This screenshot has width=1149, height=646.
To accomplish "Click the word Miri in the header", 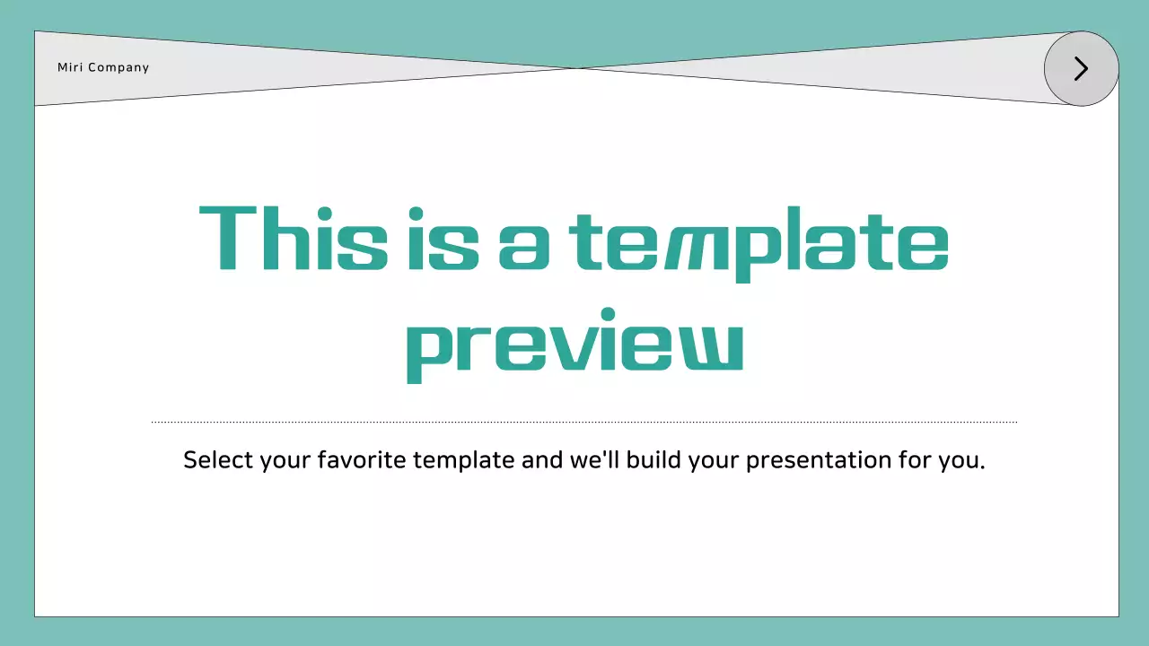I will (x=69, y=67).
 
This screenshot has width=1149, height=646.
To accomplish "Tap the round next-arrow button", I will (x=1081, y=69).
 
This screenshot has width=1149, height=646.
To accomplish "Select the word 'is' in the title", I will (x=443, y=239).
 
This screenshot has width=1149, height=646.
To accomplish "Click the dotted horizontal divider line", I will (x=583, y=422).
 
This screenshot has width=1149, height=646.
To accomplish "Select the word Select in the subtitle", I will (x=218, y=460).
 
